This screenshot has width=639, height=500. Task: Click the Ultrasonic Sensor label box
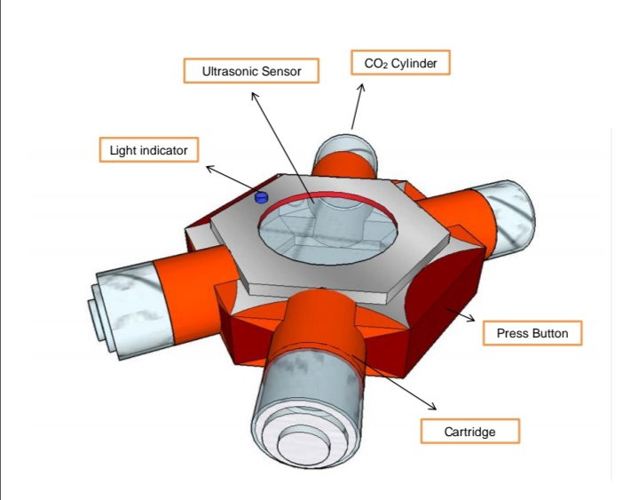(x=251, y=71)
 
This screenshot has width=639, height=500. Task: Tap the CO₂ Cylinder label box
(x=400, y=63)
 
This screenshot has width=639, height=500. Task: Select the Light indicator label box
(x=149, y=150)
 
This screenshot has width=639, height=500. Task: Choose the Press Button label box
(x=532, y=333)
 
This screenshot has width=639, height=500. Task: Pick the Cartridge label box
(x=469, y=431)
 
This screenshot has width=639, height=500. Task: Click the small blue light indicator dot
(x=261, y=198)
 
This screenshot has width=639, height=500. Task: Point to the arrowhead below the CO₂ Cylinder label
(x=361, y=88)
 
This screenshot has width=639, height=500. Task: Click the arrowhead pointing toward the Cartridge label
(x=432, y=406)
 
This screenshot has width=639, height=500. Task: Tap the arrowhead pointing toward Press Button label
(x=471, y=318)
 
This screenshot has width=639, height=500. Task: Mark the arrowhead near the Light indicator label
(x=210, y=168)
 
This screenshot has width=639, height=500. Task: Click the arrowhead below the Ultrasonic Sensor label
(x=255, y=96)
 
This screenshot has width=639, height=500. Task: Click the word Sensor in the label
(x=281, y=71)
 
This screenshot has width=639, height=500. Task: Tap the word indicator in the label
(x=163, y=150)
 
